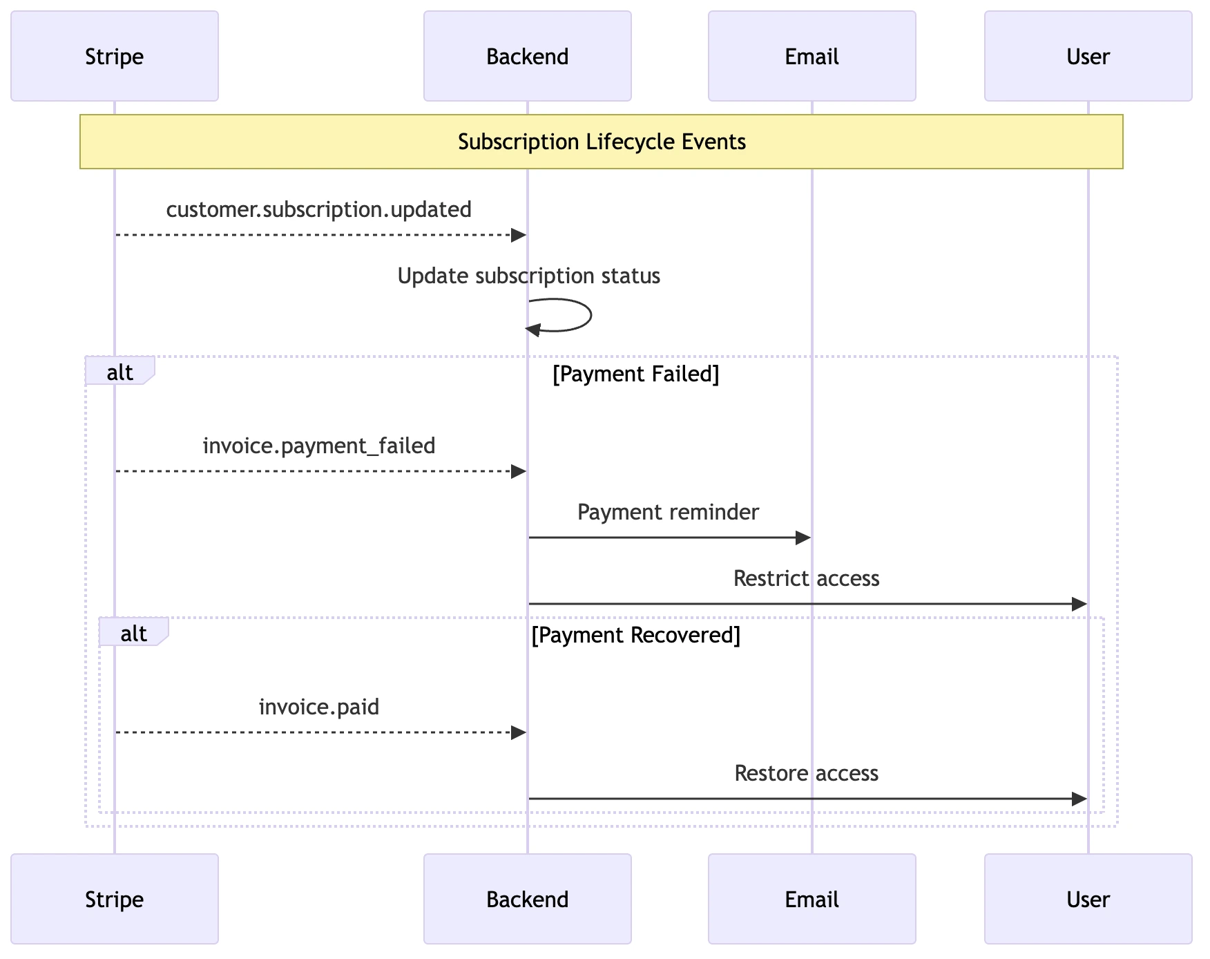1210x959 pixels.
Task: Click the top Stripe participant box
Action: (114, 56)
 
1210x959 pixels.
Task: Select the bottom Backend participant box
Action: (527, 899)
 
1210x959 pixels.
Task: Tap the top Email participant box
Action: (812, 56)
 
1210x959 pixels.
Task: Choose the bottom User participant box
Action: (1088, 899)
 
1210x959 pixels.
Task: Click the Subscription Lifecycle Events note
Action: (601, 142)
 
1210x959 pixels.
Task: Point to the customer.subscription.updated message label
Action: (318, 209)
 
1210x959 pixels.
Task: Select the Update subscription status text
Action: (528, 276)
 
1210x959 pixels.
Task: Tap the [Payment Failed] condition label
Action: (635, 374)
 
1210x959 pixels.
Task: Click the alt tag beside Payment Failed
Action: (119, 372)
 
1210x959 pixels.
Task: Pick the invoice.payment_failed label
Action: (318, 446)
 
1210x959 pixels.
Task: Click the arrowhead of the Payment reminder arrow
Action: (803, 538)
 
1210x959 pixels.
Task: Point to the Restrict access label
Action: (806, 578)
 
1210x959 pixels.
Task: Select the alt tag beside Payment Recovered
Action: (133, 633)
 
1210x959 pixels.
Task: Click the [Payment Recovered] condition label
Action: (635, 635)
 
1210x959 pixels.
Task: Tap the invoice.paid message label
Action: (318, 707)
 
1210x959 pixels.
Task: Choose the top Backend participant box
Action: (527, 56)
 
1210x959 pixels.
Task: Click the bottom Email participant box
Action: (812, 899)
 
